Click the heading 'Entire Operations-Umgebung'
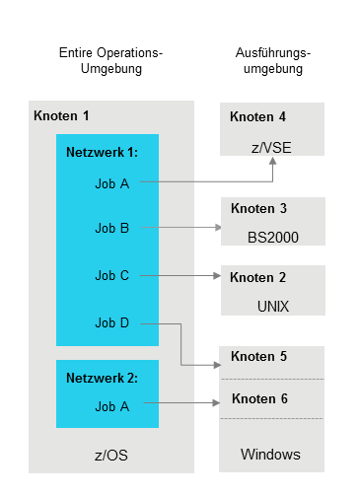[x=110, y=60]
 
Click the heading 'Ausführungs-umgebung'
[x=269, y=60]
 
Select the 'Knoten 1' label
[x=61, y=116]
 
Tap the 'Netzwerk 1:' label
[x=102, y=153]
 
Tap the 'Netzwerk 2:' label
[x=102, y=378]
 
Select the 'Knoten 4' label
[x=257, y=117]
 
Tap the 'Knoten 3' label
[x=258, y=209]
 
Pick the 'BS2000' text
[x=271, y=238]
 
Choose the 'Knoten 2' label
[x=258, y=278]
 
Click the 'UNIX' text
[x=271, y=306]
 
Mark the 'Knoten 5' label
[x=258, y=357]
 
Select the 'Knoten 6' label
[x=258, y=399]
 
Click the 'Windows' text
[x=271, y=455]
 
